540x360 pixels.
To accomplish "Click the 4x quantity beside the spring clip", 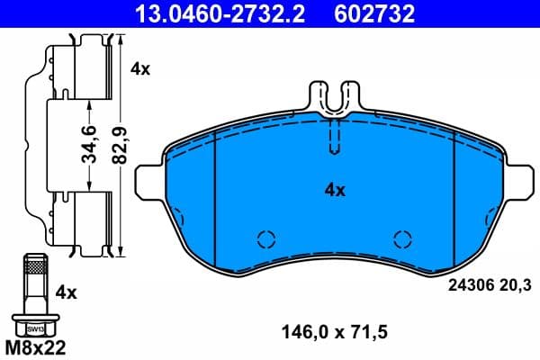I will pos(140,67).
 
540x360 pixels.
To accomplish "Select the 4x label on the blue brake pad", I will pos(335,190).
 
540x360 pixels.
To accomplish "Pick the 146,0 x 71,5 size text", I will pos(335,333).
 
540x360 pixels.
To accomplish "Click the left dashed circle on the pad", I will pos(265,239).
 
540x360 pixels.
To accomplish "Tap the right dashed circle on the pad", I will pos(402,239).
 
